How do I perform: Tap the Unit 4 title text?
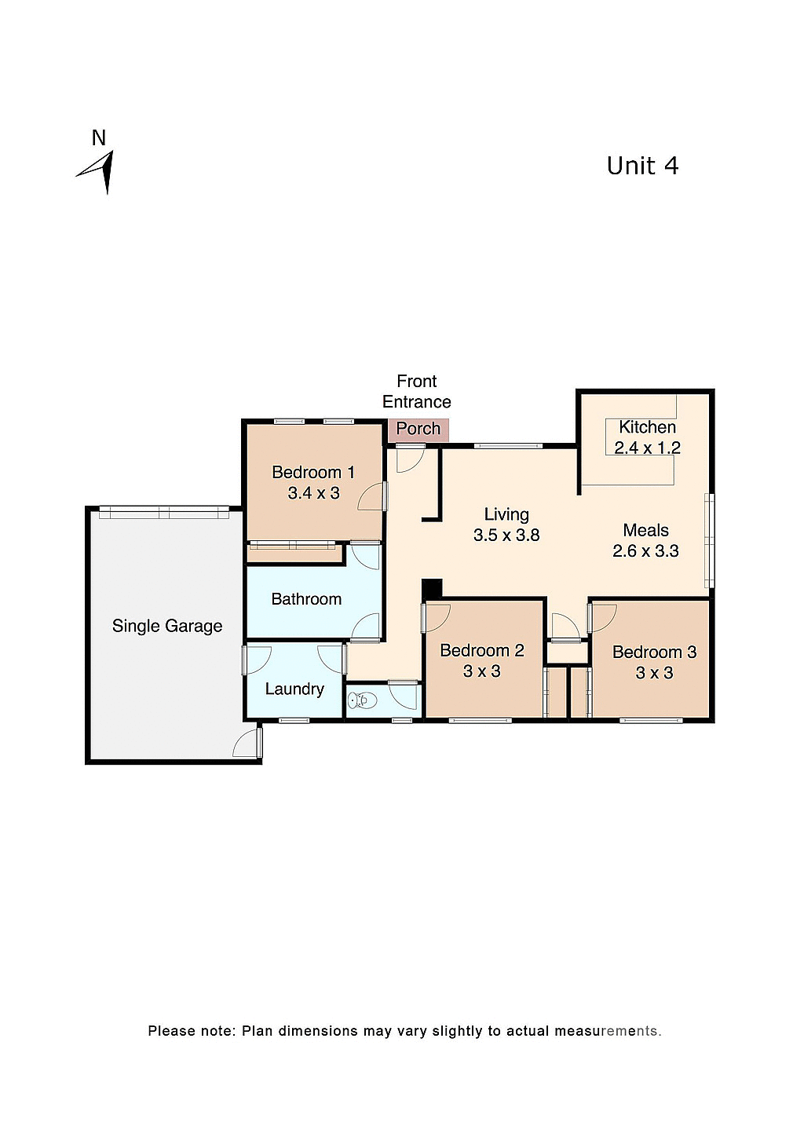pyautogui.click(x=642, y=166)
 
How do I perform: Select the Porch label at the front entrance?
pyautogui.click(x=418, y=429)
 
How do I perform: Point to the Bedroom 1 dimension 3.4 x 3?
pyautogui.click(x=313, y=493)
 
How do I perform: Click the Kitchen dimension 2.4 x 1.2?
pyautogui.click(x=647, y=448)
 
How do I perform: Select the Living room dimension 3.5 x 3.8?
pyautogui.click(x=506, y=536)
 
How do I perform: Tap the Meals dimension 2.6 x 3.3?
pyautogui.click(x=645, y=551)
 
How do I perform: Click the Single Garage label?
pyautogui.click(x=167, y=626)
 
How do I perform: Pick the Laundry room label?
pyautogui.click(x=294, y=689)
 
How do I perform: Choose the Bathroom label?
pyautogui.click(x=306, y=599)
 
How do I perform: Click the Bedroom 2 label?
pyautogui.click(x=481, y=650)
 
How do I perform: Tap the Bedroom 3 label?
pyautogui.click(x=654, y=652)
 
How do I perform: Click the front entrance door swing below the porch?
pyautogui.click(x=410, y=459)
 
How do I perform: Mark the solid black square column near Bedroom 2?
pyautogui.click(x=432, y=589)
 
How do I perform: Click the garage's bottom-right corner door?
pyautogui.click(x=248, y=744)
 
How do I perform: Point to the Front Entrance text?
pyautogui.click(x=416, y=391)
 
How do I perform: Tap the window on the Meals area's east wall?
pyautogui.click(x=710, y=540)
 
